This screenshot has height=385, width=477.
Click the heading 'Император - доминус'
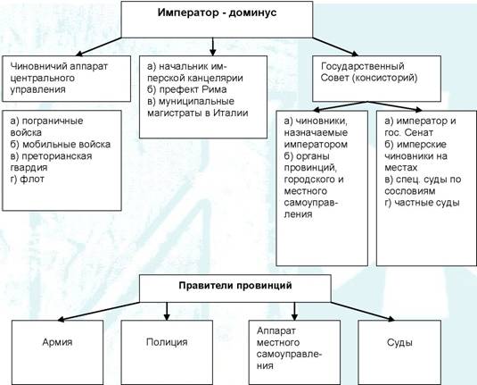(217, 13)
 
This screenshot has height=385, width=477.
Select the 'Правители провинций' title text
(235, 286)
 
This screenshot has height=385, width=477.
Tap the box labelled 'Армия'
(57, 352)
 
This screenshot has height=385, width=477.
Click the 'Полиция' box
(167, 352)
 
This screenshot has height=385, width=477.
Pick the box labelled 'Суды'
(399, 352)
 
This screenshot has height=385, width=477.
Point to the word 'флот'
(32, 180)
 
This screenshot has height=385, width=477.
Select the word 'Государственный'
(363, 66)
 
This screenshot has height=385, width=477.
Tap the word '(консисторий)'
(384, 78)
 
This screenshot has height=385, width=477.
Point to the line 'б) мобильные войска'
(61, 144)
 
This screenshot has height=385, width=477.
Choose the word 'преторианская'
(57, 156)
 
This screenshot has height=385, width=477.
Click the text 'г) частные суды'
(422, 203)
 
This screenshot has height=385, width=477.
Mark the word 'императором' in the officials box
(316, 144)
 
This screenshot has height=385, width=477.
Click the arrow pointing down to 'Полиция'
(167, 311)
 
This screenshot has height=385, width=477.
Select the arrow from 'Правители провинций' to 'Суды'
(363, 311)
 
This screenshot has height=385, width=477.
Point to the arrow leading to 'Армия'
(98, 312)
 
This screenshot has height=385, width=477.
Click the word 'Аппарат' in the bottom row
(276, 331)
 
